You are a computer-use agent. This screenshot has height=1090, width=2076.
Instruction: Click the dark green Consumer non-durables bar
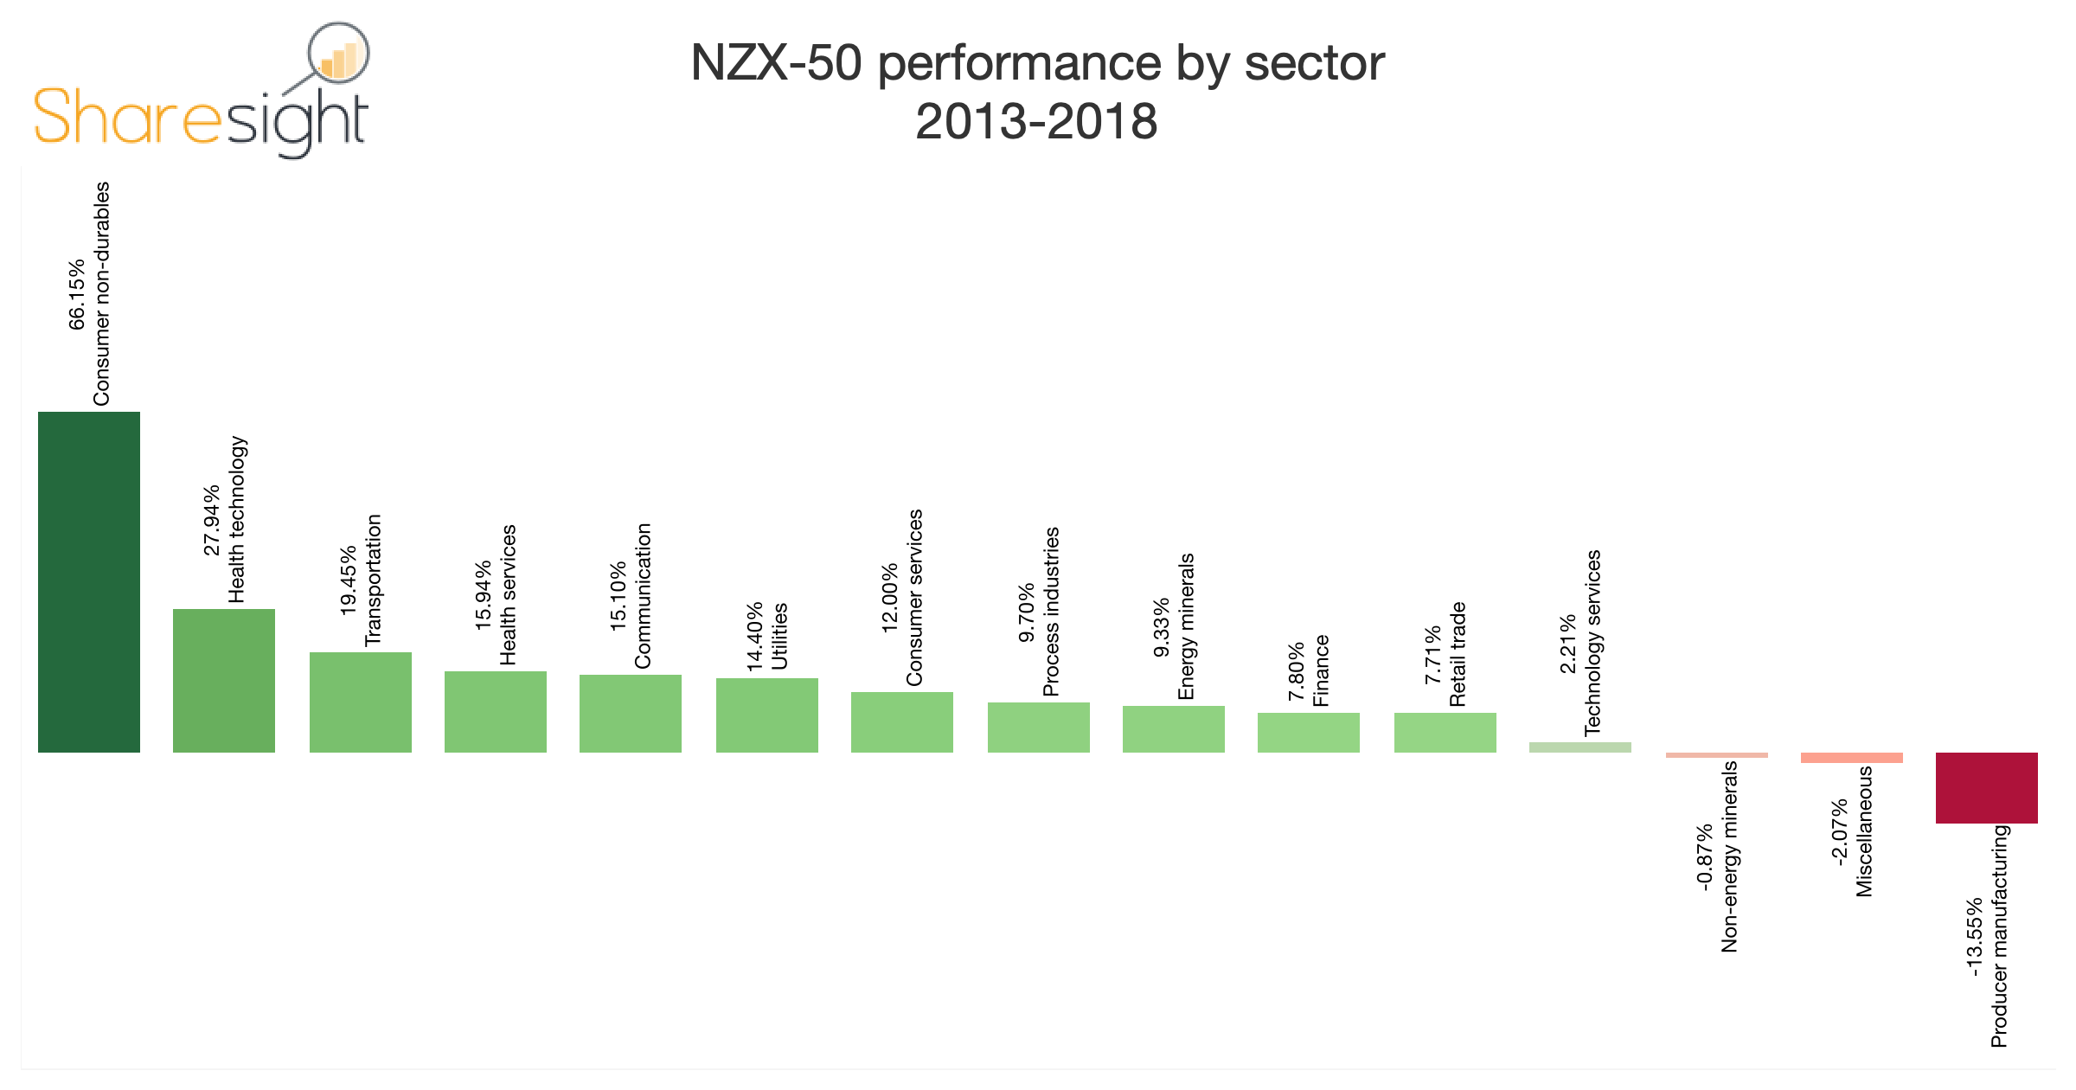89,582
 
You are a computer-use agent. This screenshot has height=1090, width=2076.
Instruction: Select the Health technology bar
224,681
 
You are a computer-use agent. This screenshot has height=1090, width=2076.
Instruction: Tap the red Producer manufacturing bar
1987,788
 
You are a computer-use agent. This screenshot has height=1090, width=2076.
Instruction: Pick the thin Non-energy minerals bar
1717,755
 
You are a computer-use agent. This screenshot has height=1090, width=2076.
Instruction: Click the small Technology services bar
1580,747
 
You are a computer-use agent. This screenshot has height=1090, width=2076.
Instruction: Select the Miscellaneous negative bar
1852,758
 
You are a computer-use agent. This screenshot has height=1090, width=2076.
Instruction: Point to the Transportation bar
361,702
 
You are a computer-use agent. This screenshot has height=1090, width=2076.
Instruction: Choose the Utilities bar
767,715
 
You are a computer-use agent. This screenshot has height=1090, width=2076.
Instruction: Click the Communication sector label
642,596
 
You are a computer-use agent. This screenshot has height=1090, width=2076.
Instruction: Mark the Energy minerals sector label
1186,627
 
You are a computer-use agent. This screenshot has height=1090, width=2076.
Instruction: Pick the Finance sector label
1320,671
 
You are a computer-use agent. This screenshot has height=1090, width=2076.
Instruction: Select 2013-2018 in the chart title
1035,122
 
